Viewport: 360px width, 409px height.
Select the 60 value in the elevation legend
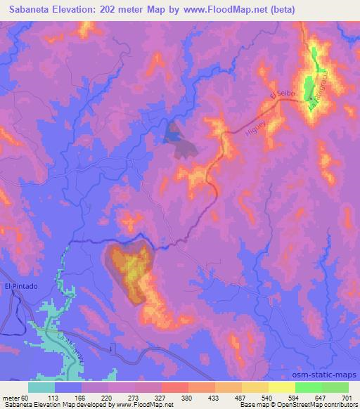[29, 396]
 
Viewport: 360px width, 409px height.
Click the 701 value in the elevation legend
[347, 396]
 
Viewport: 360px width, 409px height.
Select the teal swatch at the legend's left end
[41, 387]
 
